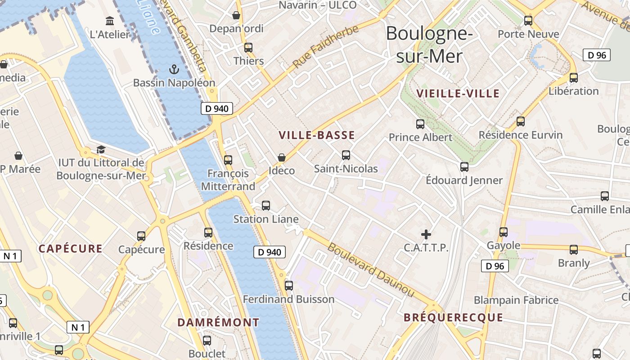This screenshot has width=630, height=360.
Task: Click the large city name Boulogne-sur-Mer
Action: (429, 45)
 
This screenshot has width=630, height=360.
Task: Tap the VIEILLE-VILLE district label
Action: (458, 94)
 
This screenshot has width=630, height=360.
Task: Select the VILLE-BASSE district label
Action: (316, 135)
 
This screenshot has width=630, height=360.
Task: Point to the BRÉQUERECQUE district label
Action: (453, 318)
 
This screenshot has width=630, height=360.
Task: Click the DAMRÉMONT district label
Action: (218, 322)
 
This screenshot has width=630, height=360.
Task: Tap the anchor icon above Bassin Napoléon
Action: (174, 69)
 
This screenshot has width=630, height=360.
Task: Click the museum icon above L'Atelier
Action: (109, 21)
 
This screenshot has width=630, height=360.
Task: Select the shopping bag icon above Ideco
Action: (282, 157)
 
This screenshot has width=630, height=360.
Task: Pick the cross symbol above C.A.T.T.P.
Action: (426, 234)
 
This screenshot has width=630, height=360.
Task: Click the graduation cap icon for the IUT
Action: (101, 149)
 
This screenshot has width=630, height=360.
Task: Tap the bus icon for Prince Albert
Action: (420, 124)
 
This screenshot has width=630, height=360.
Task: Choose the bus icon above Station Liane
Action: (266, 206)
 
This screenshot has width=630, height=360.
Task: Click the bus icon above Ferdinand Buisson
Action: (289, 285)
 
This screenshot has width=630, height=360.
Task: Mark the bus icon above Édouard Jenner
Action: (464, 166)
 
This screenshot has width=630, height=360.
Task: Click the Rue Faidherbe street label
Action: (326, 47)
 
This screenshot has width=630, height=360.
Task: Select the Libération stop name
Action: (573, 91)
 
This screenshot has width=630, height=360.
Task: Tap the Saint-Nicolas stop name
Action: (346, 168)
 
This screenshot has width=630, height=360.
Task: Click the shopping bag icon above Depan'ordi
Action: (236, 15)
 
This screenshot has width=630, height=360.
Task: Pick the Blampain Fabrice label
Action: (516, 300)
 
